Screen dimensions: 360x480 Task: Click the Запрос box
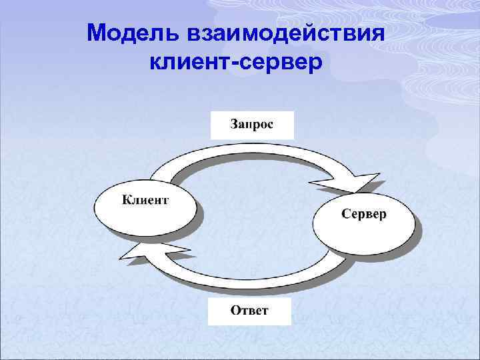click(x=251, y=125)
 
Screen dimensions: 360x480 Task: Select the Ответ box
click(x=249, y=311)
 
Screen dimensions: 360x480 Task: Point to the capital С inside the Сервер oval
click(x=345, y=215)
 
